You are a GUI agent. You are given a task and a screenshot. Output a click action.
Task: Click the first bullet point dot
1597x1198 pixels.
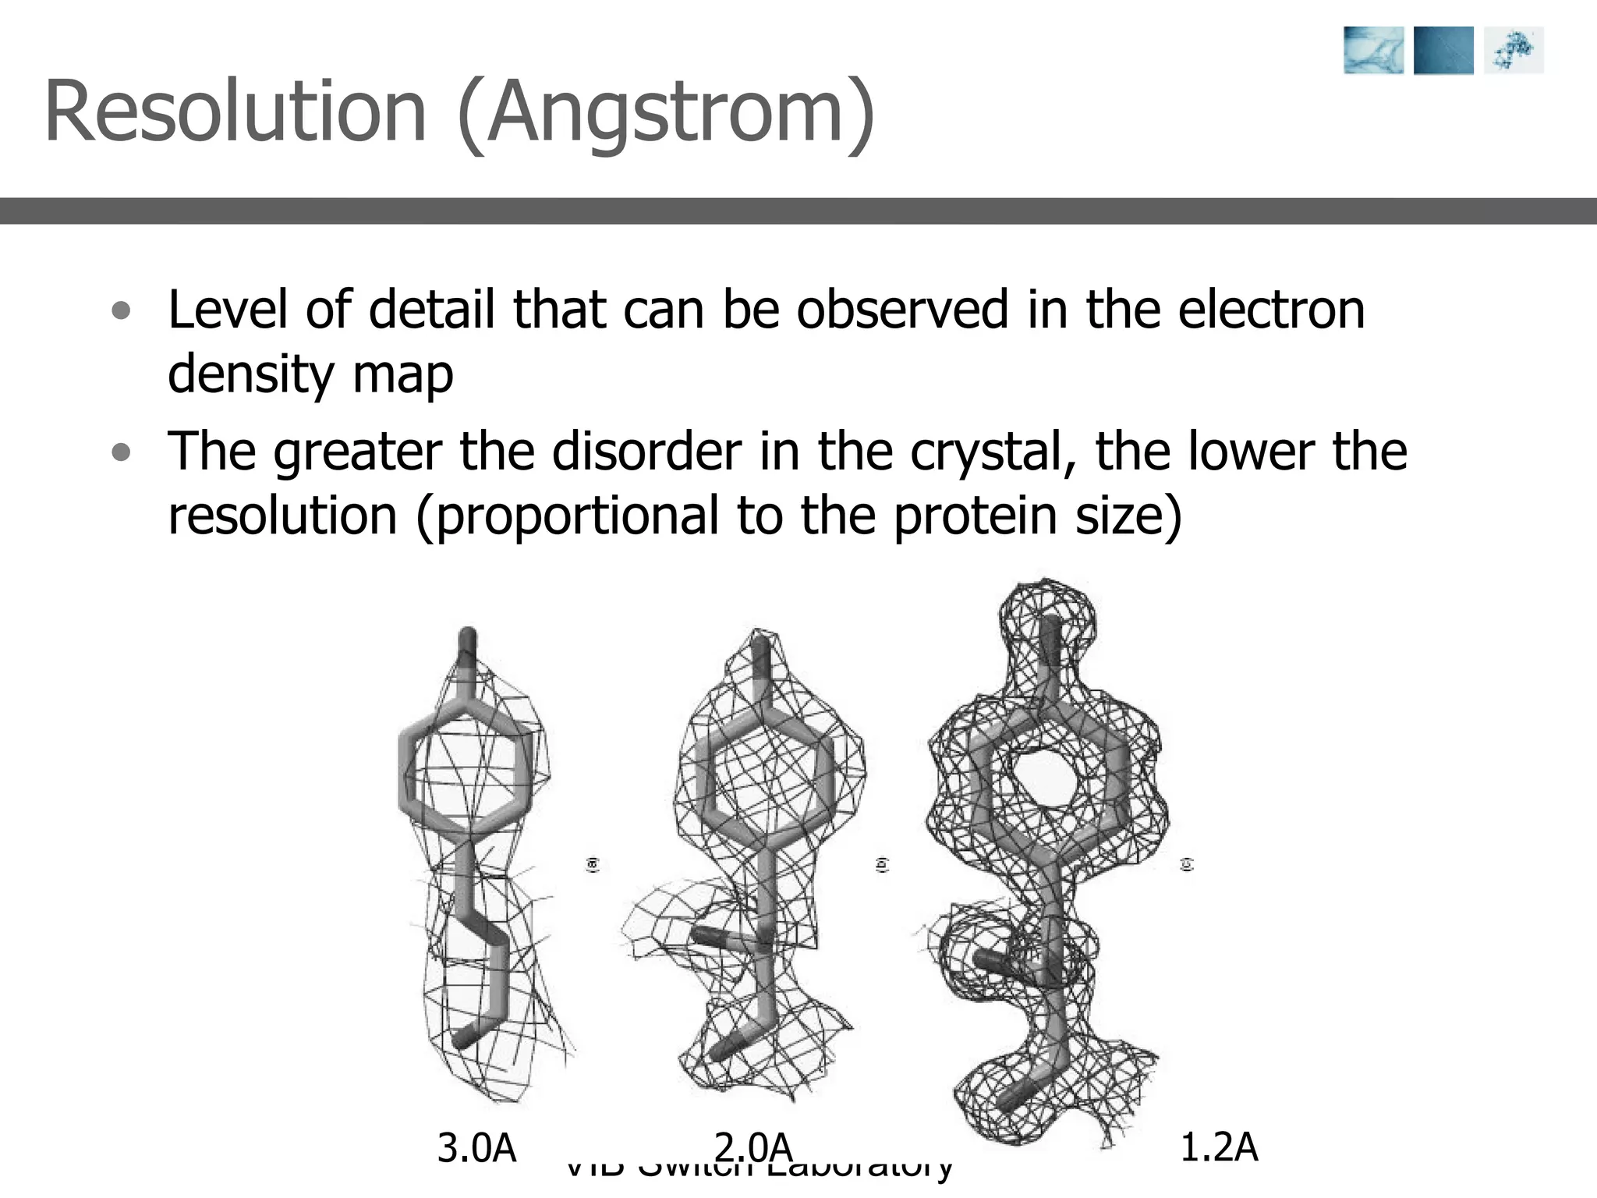point(121,311)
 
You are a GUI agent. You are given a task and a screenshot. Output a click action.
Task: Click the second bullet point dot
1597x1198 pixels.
point(121,452)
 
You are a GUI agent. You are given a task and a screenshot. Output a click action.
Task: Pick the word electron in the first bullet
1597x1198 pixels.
point(1271,310)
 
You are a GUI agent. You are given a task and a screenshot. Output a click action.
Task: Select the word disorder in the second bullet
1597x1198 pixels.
point(646,452)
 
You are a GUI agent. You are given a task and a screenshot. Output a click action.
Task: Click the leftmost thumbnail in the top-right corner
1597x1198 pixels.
point(1373,51)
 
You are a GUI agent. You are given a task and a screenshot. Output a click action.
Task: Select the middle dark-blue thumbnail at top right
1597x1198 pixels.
point(1443,51)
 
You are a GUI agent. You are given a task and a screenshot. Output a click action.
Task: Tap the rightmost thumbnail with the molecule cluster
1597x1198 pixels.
point(1514,51)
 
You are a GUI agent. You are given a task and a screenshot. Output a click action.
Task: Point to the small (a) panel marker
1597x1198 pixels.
point(593,864)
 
